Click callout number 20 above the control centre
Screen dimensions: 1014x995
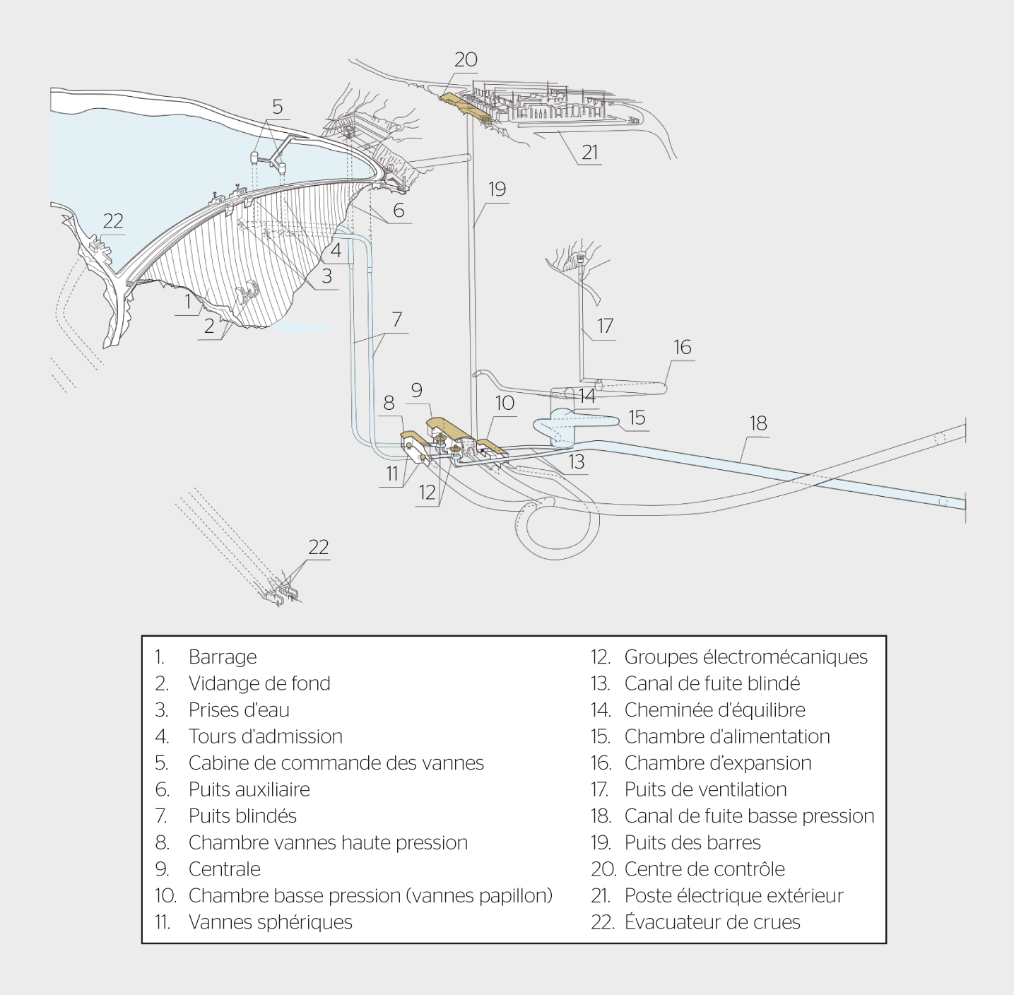(x=466, y=60)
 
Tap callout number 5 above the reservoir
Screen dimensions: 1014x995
(x=277, y=107)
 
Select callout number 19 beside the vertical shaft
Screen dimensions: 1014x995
(x=497, y=189)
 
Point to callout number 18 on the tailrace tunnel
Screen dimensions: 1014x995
(x=758, y=423)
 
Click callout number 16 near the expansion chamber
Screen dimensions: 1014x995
(x=683, y=347)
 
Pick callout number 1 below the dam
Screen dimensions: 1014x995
(x=188, y=302)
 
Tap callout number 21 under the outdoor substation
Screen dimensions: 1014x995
(x=590, y=152)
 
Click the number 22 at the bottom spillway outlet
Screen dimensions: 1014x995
(x=319, y=548)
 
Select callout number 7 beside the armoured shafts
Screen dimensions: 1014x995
(x=396, y=319)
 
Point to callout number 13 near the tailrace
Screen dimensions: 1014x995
(x=577, y=461)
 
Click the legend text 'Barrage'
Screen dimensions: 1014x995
(x=223, y=657)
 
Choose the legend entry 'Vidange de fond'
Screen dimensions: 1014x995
(x=259, y=683)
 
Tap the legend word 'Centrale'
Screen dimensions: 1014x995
(x=224, y=869)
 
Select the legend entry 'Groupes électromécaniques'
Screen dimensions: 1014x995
(x=745, y=657)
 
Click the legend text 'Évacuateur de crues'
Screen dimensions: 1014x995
(x=712, y=922)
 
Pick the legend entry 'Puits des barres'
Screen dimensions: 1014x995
(x=692, y=843)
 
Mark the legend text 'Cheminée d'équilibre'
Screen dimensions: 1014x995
(x=714, y=710)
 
